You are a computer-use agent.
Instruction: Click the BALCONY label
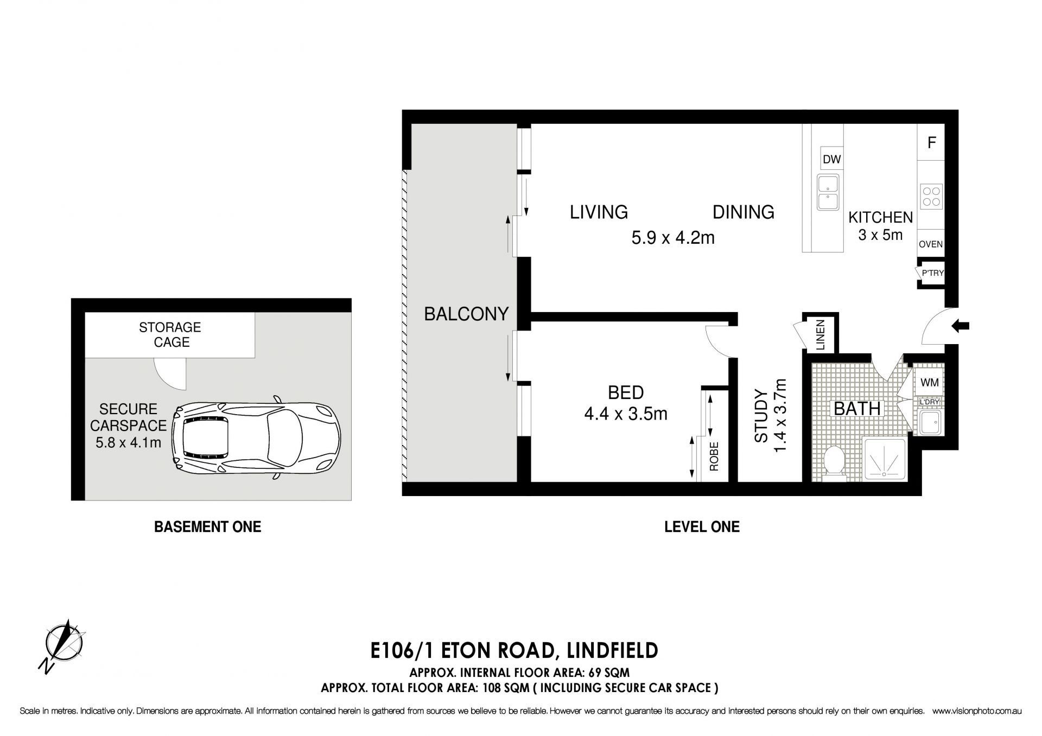[466, 314]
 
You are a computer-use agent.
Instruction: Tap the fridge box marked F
[931, 143]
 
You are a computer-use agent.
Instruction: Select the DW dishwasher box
[831, 159]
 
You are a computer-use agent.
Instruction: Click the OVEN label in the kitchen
[931, 244]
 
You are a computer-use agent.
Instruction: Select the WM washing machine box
[930, 382]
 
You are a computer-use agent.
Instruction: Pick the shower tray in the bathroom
[885, 459]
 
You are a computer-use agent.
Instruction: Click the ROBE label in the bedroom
[714, 456]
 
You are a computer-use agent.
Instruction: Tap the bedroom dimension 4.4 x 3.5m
[625, 414]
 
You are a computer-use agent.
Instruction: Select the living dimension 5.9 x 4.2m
[672, 238]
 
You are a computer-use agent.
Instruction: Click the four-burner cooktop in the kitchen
[931, 196]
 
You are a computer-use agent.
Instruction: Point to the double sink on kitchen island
[828, 192]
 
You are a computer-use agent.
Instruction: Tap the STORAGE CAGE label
[170, 335]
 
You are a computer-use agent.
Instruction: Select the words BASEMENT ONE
[207, 526]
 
